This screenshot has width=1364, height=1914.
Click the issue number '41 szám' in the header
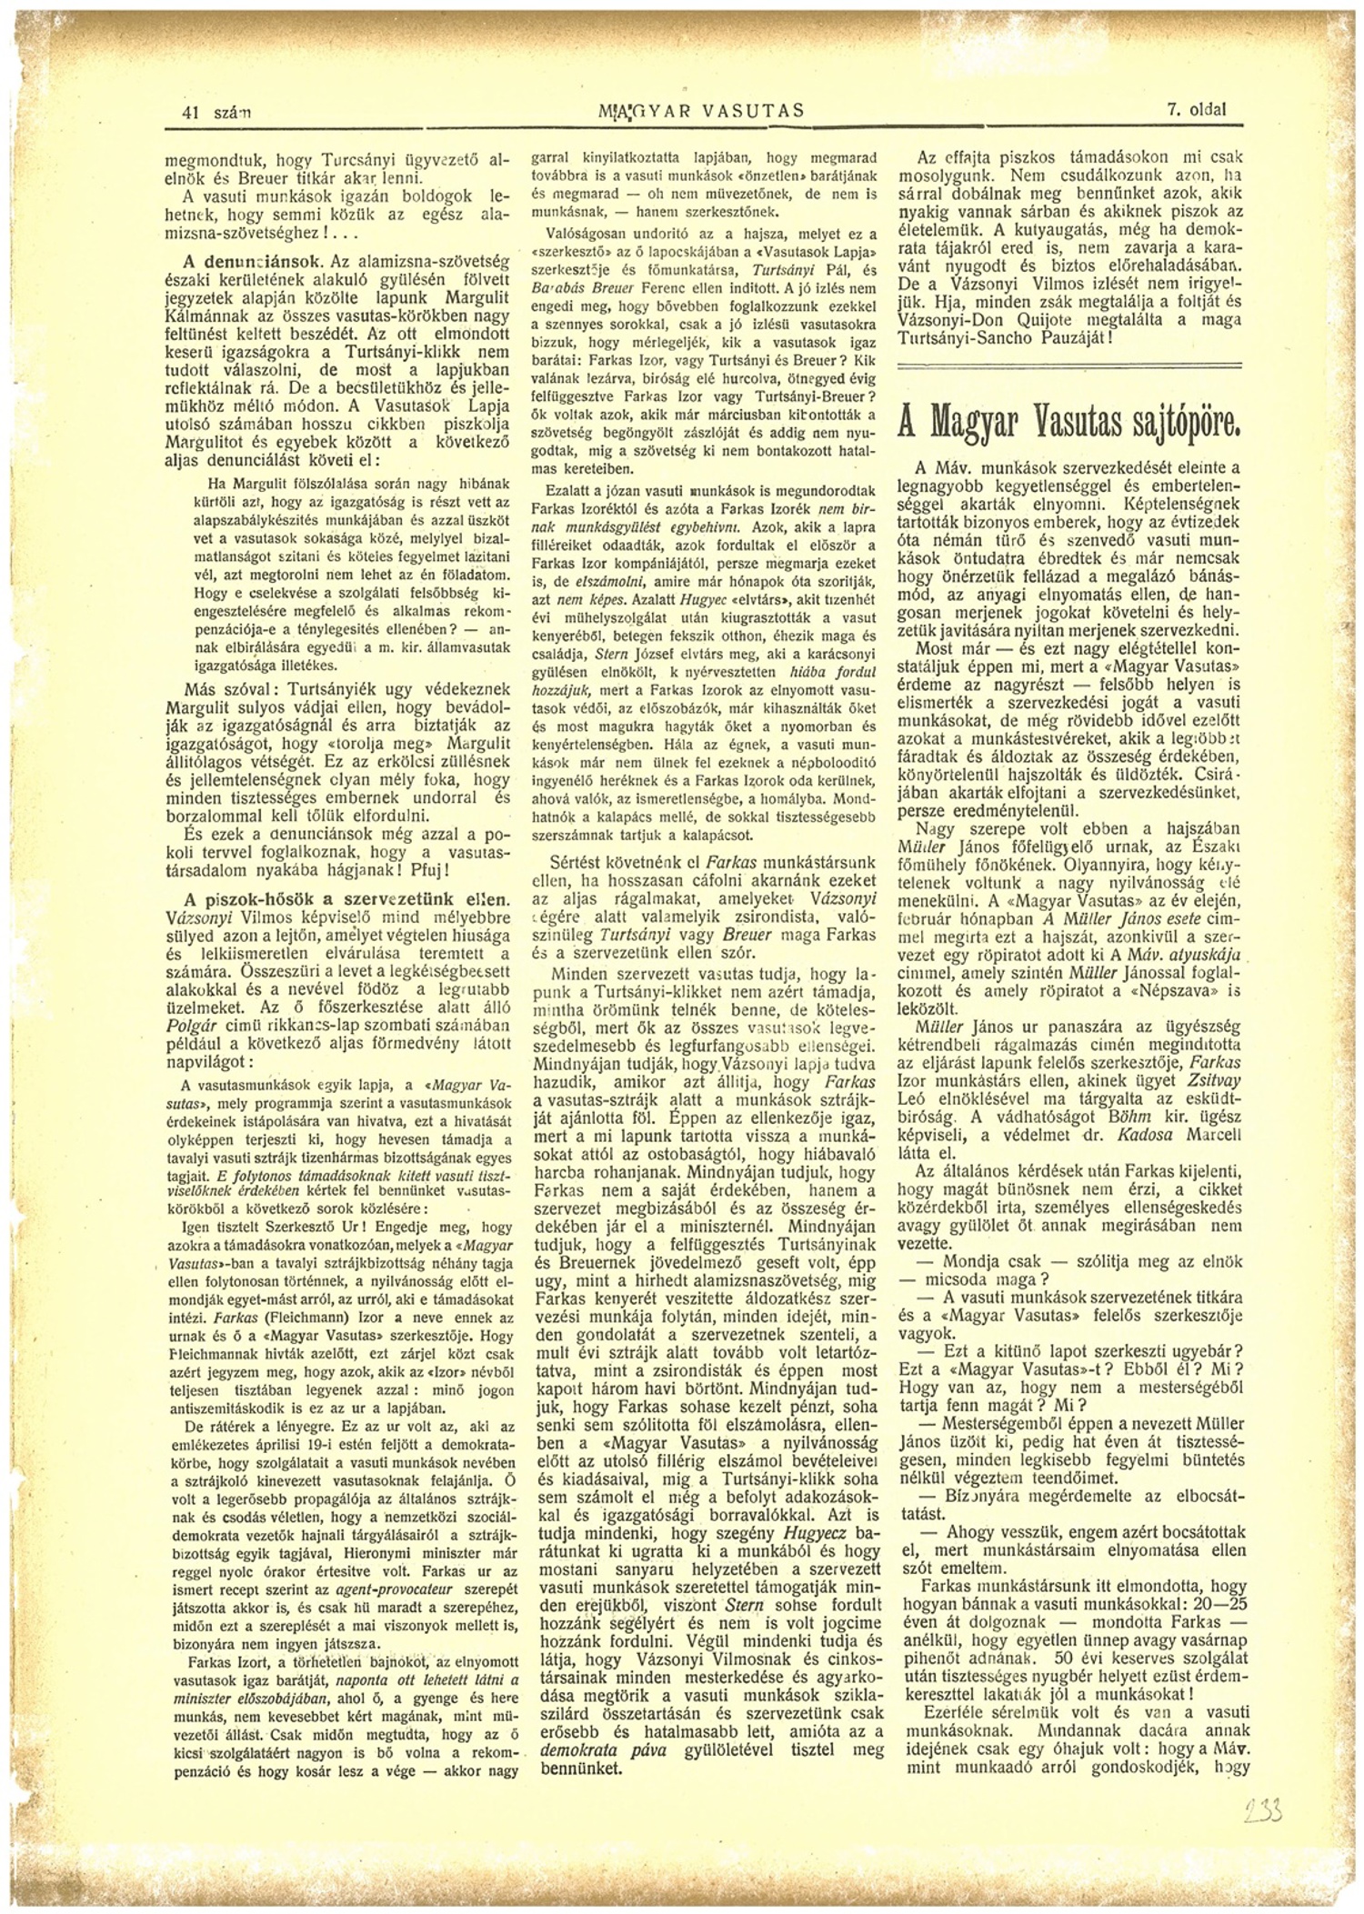(x=217, y=113)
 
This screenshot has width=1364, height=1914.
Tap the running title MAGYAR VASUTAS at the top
(x=698, y=112)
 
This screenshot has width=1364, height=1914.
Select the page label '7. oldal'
(x=1197, y=111)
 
